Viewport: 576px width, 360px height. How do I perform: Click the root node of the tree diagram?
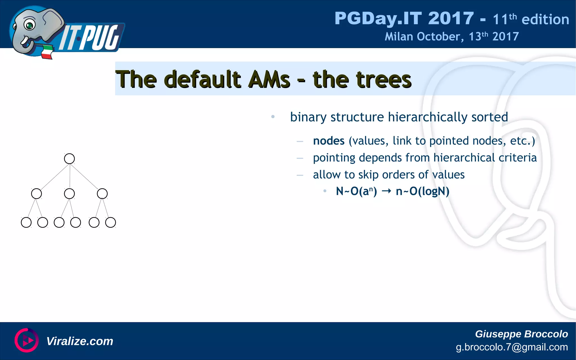pyautogui.click(x=69, y=159)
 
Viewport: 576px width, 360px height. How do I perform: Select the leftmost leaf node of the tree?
pyautogui.click(x=26, y=222)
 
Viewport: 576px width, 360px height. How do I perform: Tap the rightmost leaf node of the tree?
pyautogui.click(x=111, y=222)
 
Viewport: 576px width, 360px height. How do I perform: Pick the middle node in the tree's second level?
pyautogui.click(x=69, y=193)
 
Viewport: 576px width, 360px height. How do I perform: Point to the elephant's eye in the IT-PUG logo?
pyautogui.click(x=29, y=25)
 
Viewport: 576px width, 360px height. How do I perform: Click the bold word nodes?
pyautogui.click(x=328, y=141)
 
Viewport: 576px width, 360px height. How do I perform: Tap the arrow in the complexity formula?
pyautogui.click(x=386, y=191)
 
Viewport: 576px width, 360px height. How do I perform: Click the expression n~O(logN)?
pyautogui.click(x=422, y=191)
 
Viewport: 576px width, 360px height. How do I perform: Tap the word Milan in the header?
pyautogui.click(x=399, y=37)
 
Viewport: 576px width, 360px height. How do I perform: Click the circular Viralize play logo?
pyautogui.click(x=26, y=340)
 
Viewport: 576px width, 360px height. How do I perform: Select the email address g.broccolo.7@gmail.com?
pyautogui.click(x=512, y=347)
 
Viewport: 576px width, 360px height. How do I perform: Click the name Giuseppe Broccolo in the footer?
pyautogui.click(x=521, y=334)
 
